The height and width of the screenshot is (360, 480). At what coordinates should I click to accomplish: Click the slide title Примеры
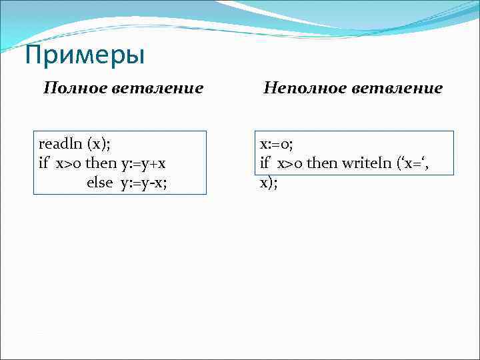pyautogui.click(x=84, y=56)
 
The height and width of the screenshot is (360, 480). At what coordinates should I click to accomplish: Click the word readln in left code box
pyautogui.click(x=57, y=144)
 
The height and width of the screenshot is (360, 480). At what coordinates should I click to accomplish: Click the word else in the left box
pyautogui.click(x=100, y=183)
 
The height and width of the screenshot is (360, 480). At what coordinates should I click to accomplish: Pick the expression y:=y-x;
pyautogui.click(x=143, y=183)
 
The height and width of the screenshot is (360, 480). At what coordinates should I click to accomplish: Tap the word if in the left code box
pyautogui.click(x=45, y=163)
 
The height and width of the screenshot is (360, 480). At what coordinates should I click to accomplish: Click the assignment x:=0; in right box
pyautogui.click(x=277, y=144)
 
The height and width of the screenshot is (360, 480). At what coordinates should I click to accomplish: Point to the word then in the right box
pyautogui.click(x=321, y=163)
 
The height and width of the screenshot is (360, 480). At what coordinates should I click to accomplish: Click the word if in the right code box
pyautogui.click(x=265, y=163)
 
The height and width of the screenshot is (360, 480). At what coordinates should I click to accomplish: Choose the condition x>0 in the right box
pyautogui.click(x=289, y=163)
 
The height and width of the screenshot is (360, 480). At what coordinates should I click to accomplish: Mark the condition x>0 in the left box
pyautogui.click(x=68, y=163)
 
